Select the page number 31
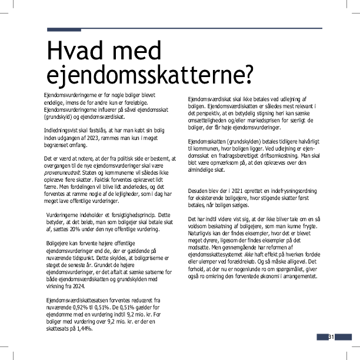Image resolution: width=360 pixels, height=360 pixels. pyautogui.click(x=332, y=336)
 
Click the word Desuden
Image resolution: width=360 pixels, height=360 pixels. pyautogui.click(x=198, y=191)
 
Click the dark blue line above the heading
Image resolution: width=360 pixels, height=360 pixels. pyautogui.click(x=185, y=28)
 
